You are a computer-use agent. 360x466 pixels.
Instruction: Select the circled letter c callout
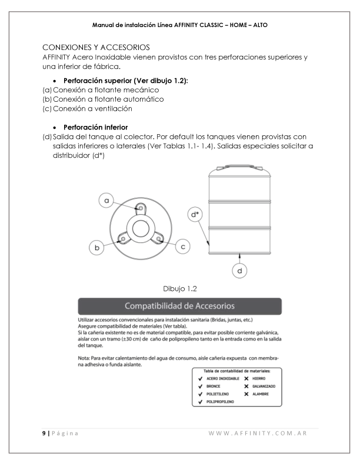(183, 247)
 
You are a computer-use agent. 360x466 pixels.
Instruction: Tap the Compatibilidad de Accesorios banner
(180, 306)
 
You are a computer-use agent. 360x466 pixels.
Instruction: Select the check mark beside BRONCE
(201, 386)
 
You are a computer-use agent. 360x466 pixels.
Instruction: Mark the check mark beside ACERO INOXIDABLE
(201, 378)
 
